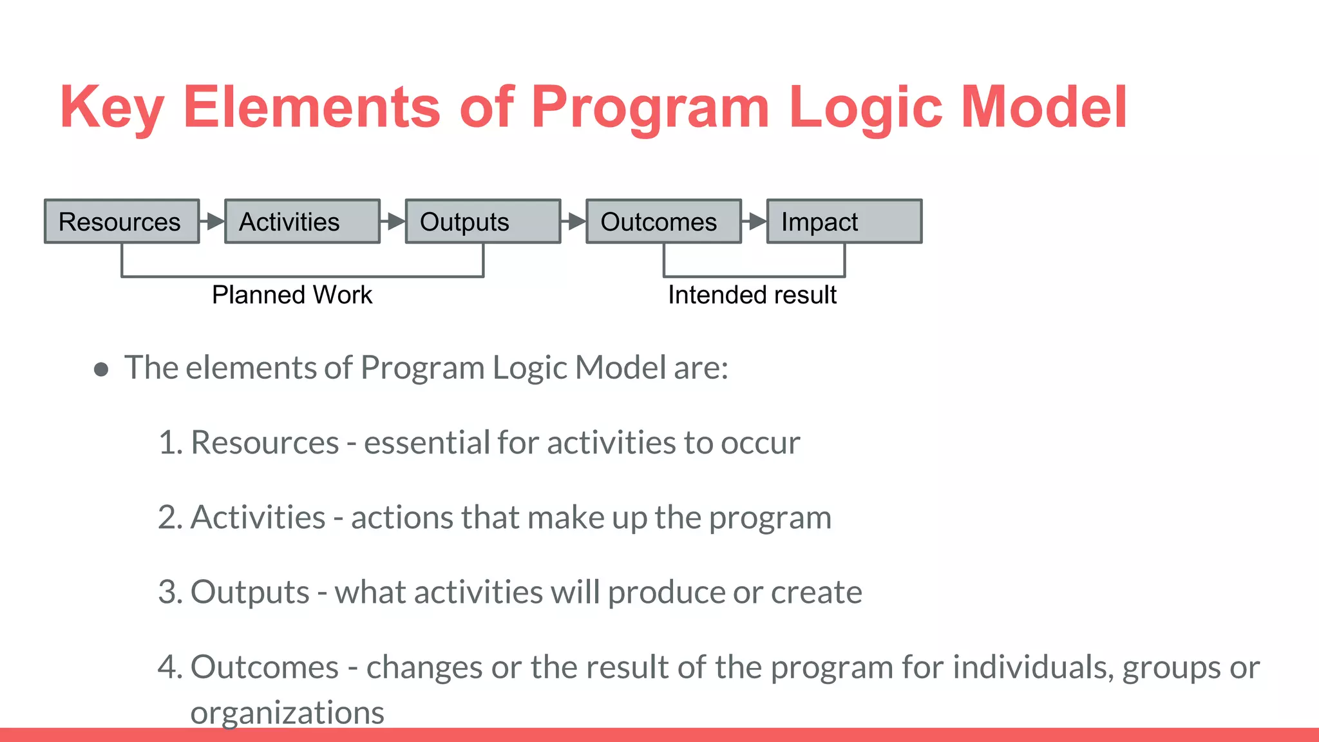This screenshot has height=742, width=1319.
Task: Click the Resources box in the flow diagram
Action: coord(122,222)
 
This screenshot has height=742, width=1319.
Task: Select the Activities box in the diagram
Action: coord(302,222)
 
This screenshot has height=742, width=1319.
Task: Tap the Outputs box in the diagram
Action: coord(482,222)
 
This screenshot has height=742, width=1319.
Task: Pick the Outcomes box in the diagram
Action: coord(663,222)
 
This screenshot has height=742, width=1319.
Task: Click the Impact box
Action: coord(844,222)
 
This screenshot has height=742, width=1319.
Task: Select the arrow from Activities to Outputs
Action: coord(393,222)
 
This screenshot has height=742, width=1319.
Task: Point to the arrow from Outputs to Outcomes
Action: coord(574,222)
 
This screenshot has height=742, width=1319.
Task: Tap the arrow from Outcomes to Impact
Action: coord(754,222)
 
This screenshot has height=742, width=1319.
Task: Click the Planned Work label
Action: coord(292,295)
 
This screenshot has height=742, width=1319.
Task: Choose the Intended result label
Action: coord(752,295)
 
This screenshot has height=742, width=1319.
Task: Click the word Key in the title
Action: coord(111,108)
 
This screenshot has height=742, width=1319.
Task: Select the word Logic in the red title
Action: coord(866,108)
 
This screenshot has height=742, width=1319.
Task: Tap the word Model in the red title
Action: coord(1043,108)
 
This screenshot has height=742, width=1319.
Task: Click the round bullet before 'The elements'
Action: coord(101,369)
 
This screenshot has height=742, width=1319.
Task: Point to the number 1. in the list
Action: coord(171,443)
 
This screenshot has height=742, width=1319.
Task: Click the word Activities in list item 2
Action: coord(258,518)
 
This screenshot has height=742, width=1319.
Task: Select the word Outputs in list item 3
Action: coord(250,593)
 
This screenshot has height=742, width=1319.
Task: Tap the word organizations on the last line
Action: coord(287,712)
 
